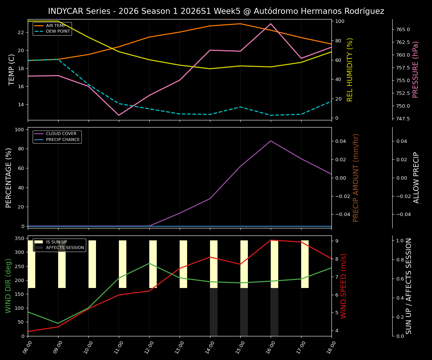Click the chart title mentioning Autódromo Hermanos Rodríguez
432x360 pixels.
point(216,11)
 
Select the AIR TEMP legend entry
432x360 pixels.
point(55,26)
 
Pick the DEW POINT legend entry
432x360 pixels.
point(58,31)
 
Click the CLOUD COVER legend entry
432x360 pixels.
point(61,134)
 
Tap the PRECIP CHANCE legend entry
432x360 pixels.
point(63,140)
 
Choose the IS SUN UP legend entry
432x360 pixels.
point(56,242)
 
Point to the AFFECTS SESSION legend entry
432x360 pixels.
point(65,248)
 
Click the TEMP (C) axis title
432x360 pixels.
point(12,69)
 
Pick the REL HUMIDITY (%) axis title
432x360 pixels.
point(350,69)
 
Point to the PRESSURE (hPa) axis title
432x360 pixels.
point(415,69)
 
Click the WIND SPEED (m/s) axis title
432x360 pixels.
point(344,286)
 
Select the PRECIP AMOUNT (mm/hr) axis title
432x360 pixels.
point(356,177)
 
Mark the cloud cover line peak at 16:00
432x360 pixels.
point(271,141)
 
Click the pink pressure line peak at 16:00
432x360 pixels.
point(271,24)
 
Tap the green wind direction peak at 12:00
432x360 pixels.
point(149,263)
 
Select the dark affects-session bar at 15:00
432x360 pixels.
point(244,312)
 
